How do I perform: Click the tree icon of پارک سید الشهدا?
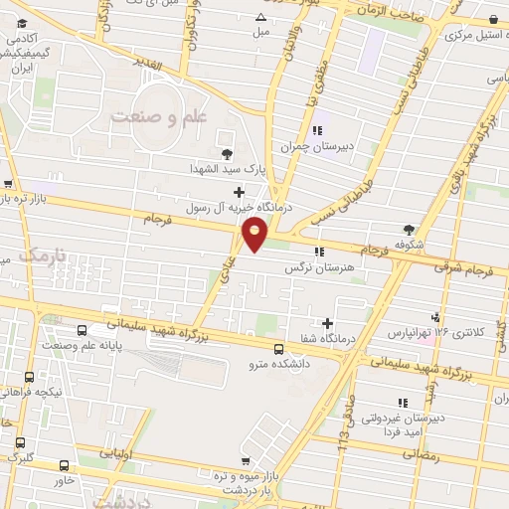pyautogui.click(x=228, y=152)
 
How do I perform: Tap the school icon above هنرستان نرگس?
pyautogui.click(x=318, y=252)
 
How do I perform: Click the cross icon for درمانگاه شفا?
pyautogui.click(x=327, y=323)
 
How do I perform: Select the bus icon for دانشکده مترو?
pyautogui.click(x=277, y=349)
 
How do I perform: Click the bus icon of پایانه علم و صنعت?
pyautogui.click(x=82, y=330)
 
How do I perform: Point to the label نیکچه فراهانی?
pyautogui.click(x=64, y=392)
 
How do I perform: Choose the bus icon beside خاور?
pyautogui.click(x=65, y=464)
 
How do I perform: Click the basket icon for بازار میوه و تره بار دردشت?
pyautogui.click(x=245, y=460)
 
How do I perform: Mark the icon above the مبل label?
pyautogui.click(x=260, y=17)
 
